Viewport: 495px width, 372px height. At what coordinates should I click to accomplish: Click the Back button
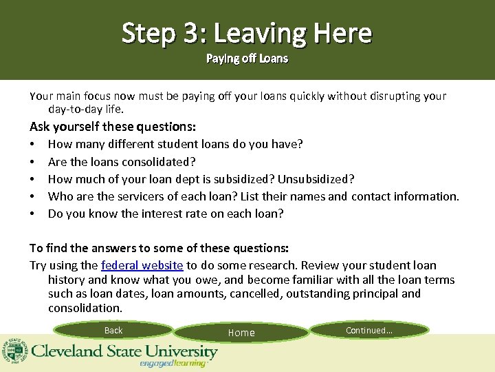tap(113, 331)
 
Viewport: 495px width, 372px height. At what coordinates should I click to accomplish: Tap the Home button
tap(241, 333)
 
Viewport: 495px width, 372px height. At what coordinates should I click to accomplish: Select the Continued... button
tap(369, 331)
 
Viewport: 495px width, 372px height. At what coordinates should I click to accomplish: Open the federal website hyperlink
tap(142, 265)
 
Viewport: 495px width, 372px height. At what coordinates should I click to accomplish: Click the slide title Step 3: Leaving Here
tap(247, 32)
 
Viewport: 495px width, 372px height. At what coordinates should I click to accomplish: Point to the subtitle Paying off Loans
tap(247, 59)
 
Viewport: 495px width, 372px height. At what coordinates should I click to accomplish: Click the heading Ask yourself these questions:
tap(113, 127)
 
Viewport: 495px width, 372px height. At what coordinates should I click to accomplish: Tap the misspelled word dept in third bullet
tap(209, 179)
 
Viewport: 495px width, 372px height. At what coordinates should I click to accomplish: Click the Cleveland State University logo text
tap(124, 351)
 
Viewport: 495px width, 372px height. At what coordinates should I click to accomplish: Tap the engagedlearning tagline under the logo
tap(173, 364)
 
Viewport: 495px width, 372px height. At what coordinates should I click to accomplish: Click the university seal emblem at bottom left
tap(14, 352)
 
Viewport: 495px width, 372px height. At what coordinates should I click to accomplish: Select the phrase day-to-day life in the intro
tap(85, 109)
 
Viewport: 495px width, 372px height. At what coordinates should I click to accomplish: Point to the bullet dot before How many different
tap(32, 145)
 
